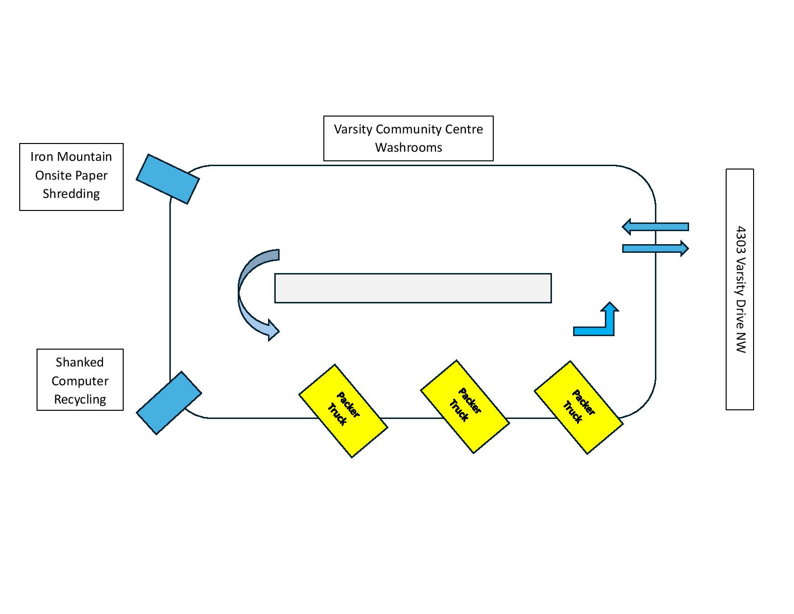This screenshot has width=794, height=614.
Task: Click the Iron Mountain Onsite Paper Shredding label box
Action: click(71, 177)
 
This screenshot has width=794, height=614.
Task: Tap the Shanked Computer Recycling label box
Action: click(80, 379)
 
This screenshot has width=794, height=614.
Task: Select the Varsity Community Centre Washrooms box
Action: click(408, 138)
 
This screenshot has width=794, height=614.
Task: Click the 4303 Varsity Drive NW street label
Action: click(740, 289)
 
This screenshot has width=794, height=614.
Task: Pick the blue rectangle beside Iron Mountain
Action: click(168, 179)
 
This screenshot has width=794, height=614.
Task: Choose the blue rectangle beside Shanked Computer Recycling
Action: click(169, 403)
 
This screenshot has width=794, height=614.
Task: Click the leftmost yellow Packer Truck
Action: click(343, 411)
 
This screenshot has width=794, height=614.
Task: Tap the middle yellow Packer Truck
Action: click(465, 406)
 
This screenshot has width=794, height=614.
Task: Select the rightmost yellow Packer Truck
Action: click(578, 407)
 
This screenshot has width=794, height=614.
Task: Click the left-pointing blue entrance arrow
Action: click(655, 227)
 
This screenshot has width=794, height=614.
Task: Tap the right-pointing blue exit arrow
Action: click(655, 248)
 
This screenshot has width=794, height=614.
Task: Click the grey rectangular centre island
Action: click(413, 288)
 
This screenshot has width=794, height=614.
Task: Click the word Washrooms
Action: click(409, 147)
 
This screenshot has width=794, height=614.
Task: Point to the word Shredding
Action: click(71, 194)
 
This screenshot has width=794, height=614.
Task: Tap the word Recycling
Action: click(80, 399)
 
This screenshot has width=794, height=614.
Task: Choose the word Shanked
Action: click(80, 362)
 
